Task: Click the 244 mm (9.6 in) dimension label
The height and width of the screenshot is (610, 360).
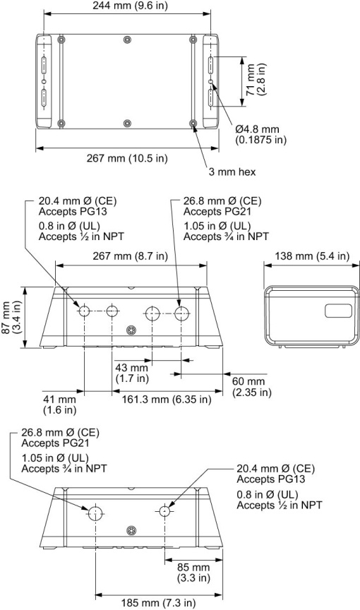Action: pos(125,6)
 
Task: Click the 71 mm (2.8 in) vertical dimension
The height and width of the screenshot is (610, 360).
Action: pos(255,81)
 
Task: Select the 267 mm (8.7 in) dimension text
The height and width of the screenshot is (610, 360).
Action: pos(131,256)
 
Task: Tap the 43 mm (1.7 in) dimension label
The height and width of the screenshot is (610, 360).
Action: pos(132,373)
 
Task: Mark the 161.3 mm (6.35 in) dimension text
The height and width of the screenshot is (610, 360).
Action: pos(162,400)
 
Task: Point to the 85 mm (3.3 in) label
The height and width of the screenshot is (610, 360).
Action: pos(188,571)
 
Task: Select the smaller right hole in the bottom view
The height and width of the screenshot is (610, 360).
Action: pos(164,510)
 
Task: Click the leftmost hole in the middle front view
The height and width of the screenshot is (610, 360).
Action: pos(84,311)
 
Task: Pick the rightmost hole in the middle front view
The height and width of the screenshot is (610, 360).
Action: pos(181,312)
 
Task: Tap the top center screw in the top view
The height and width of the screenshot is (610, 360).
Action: pos(126,39)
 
